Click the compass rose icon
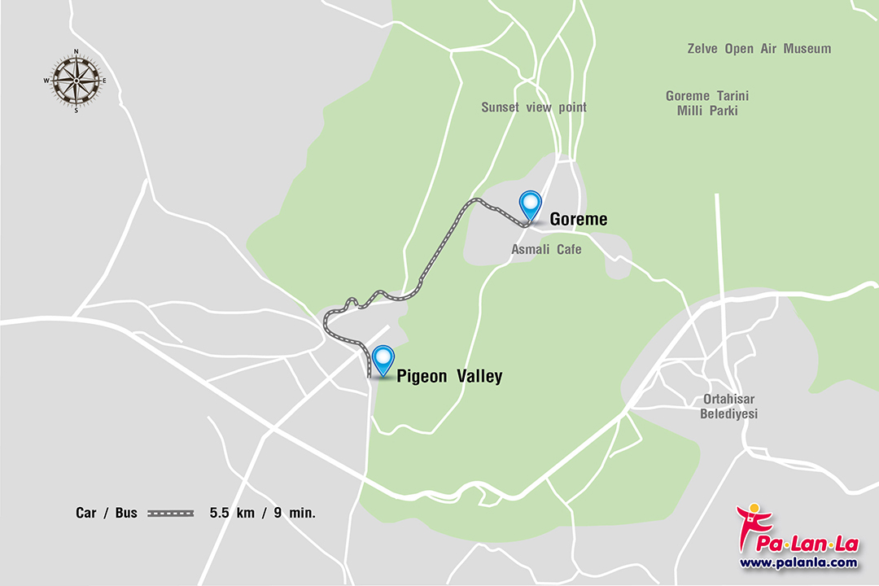[x=76, y=80]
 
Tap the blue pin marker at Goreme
[x=531, y=203]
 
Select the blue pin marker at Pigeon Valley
[x=383, y=358]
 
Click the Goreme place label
[x=579, y=220]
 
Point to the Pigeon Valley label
[x=449, y=376]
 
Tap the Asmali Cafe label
[x=546, y=249]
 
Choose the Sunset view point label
[x=533, y=107]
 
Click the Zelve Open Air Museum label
[x=759, y=49]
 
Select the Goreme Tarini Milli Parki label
[x=707, y=103]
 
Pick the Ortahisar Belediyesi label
[x=729, y=407]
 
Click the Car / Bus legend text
[x=107, y=513]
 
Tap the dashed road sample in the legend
[x=171, y=513]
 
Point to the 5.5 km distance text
[x=232, y=513]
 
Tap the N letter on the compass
[x=77, y=51]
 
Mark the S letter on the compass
[x=77, y=110]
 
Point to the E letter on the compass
[x=104, y=80]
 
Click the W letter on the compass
[x=47, y=80]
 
